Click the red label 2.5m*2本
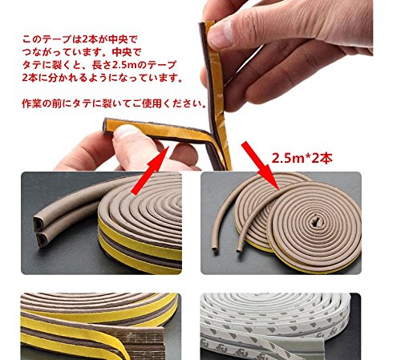(x=302, y=158)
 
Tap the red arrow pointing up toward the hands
(x=150, y=171)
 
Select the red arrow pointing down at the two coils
(x=261, y=166)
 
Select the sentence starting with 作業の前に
(x=115, y=103)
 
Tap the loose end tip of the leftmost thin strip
(x=214, y=251)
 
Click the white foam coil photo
(x=281, y=326)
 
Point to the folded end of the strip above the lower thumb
(x=107, y=126)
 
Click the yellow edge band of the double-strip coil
(x=139, y=247)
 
